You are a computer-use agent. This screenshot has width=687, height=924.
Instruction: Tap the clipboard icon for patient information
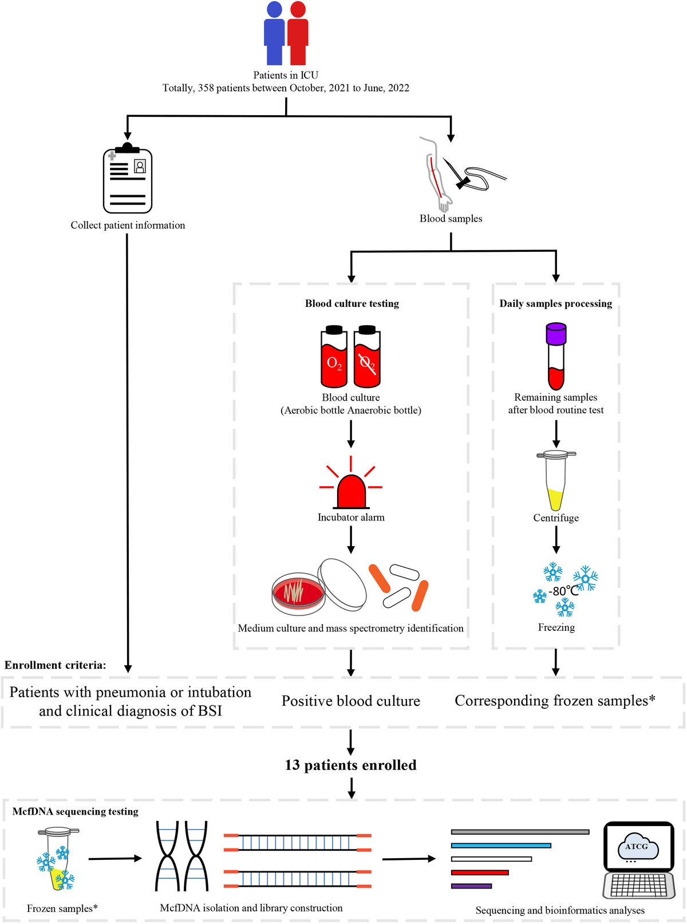coord(128,179)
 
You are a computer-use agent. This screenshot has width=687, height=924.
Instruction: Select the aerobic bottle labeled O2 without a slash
coord(334,358)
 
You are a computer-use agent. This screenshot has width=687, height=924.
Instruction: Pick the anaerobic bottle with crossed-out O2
coord(367,358)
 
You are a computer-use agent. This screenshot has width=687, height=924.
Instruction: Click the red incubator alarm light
coord(351,492)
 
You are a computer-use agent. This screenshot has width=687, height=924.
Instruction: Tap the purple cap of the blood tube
coord(556,333)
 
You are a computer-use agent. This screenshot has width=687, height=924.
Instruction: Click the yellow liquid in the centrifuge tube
coord(555,499)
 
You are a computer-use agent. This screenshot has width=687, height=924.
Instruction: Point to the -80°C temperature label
coord(563,591)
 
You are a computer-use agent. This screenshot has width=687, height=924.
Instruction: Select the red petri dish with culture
coord(298,592)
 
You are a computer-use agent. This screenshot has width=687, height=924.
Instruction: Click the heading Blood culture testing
coord(352,303)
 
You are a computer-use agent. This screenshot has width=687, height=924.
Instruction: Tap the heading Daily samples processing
coord(555,303)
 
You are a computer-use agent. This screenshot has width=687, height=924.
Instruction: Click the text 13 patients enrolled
coord(350,765)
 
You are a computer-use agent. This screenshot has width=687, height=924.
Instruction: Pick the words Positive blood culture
coord(350,701)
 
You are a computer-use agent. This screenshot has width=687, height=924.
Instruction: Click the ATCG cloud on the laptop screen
coord(637,847)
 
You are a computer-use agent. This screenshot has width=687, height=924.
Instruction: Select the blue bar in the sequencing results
coord(500,845)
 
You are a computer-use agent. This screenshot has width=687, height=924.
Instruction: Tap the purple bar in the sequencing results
coord(471,886)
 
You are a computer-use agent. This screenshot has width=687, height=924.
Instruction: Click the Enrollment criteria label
coord(55,665)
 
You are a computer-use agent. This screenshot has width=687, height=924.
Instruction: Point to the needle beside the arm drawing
coord(457,173)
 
